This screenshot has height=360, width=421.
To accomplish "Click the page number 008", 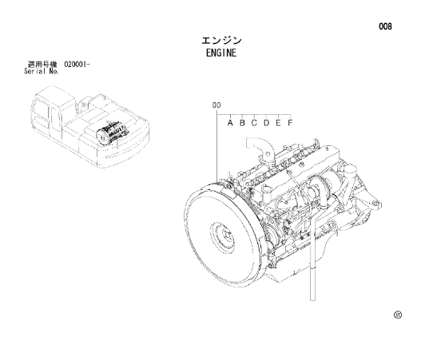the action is click(x=385, y=26).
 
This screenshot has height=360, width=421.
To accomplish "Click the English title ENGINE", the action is click(x=221, y=53).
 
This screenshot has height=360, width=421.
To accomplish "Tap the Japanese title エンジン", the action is click(x=221, y=41).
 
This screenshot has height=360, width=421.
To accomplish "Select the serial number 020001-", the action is click(x=77, y=65).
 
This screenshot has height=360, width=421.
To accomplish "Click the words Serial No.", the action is click(x=42, y=71).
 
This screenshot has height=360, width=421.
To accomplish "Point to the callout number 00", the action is click(x=216, y=105).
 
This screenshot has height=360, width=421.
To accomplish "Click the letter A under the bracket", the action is click(x=230, y=123).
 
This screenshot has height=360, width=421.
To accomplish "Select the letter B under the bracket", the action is click(x=242, y=123).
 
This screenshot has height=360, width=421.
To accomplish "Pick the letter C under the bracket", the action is click(x=254, y=123).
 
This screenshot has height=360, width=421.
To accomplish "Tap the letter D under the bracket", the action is click(x=266, y=123).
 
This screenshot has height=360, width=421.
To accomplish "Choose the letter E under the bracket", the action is click(x=278, y=123).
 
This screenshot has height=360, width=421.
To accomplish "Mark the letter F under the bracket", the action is click(x=290, y=123).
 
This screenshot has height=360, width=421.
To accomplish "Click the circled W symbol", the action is click(x=398, y=315).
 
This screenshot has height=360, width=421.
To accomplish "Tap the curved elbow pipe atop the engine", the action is click(x=260, y=149).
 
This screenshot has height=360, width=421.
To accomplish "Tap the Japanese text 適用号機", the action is click(x=42, y=65).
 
